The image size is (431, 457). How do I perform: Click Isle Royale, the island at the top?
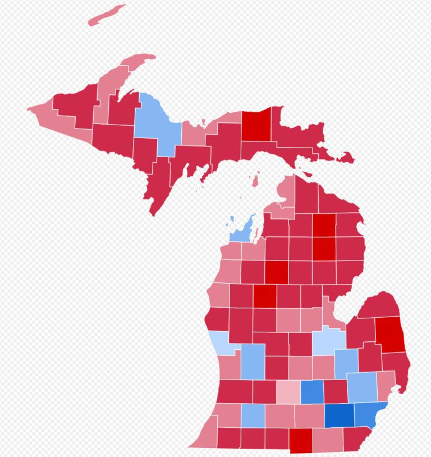pyautogui.click(x=107, y=15)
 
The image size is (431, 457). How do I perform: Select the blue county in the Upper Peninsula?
pyautogui.click(x=154, y=124)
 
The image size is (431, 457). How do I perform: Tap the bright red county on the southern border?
pyautogui.click(x=301, y=440)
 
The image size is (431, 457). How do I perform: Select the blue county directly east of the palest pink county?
pyautogui.click(x=312, y=392)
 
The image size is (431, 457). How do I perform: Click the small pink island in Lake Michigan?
pyautogui.click(x=255, y=181)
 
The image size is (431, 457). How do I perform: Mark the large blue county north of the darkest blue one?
pyautogui.click(x=362, y=387)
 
